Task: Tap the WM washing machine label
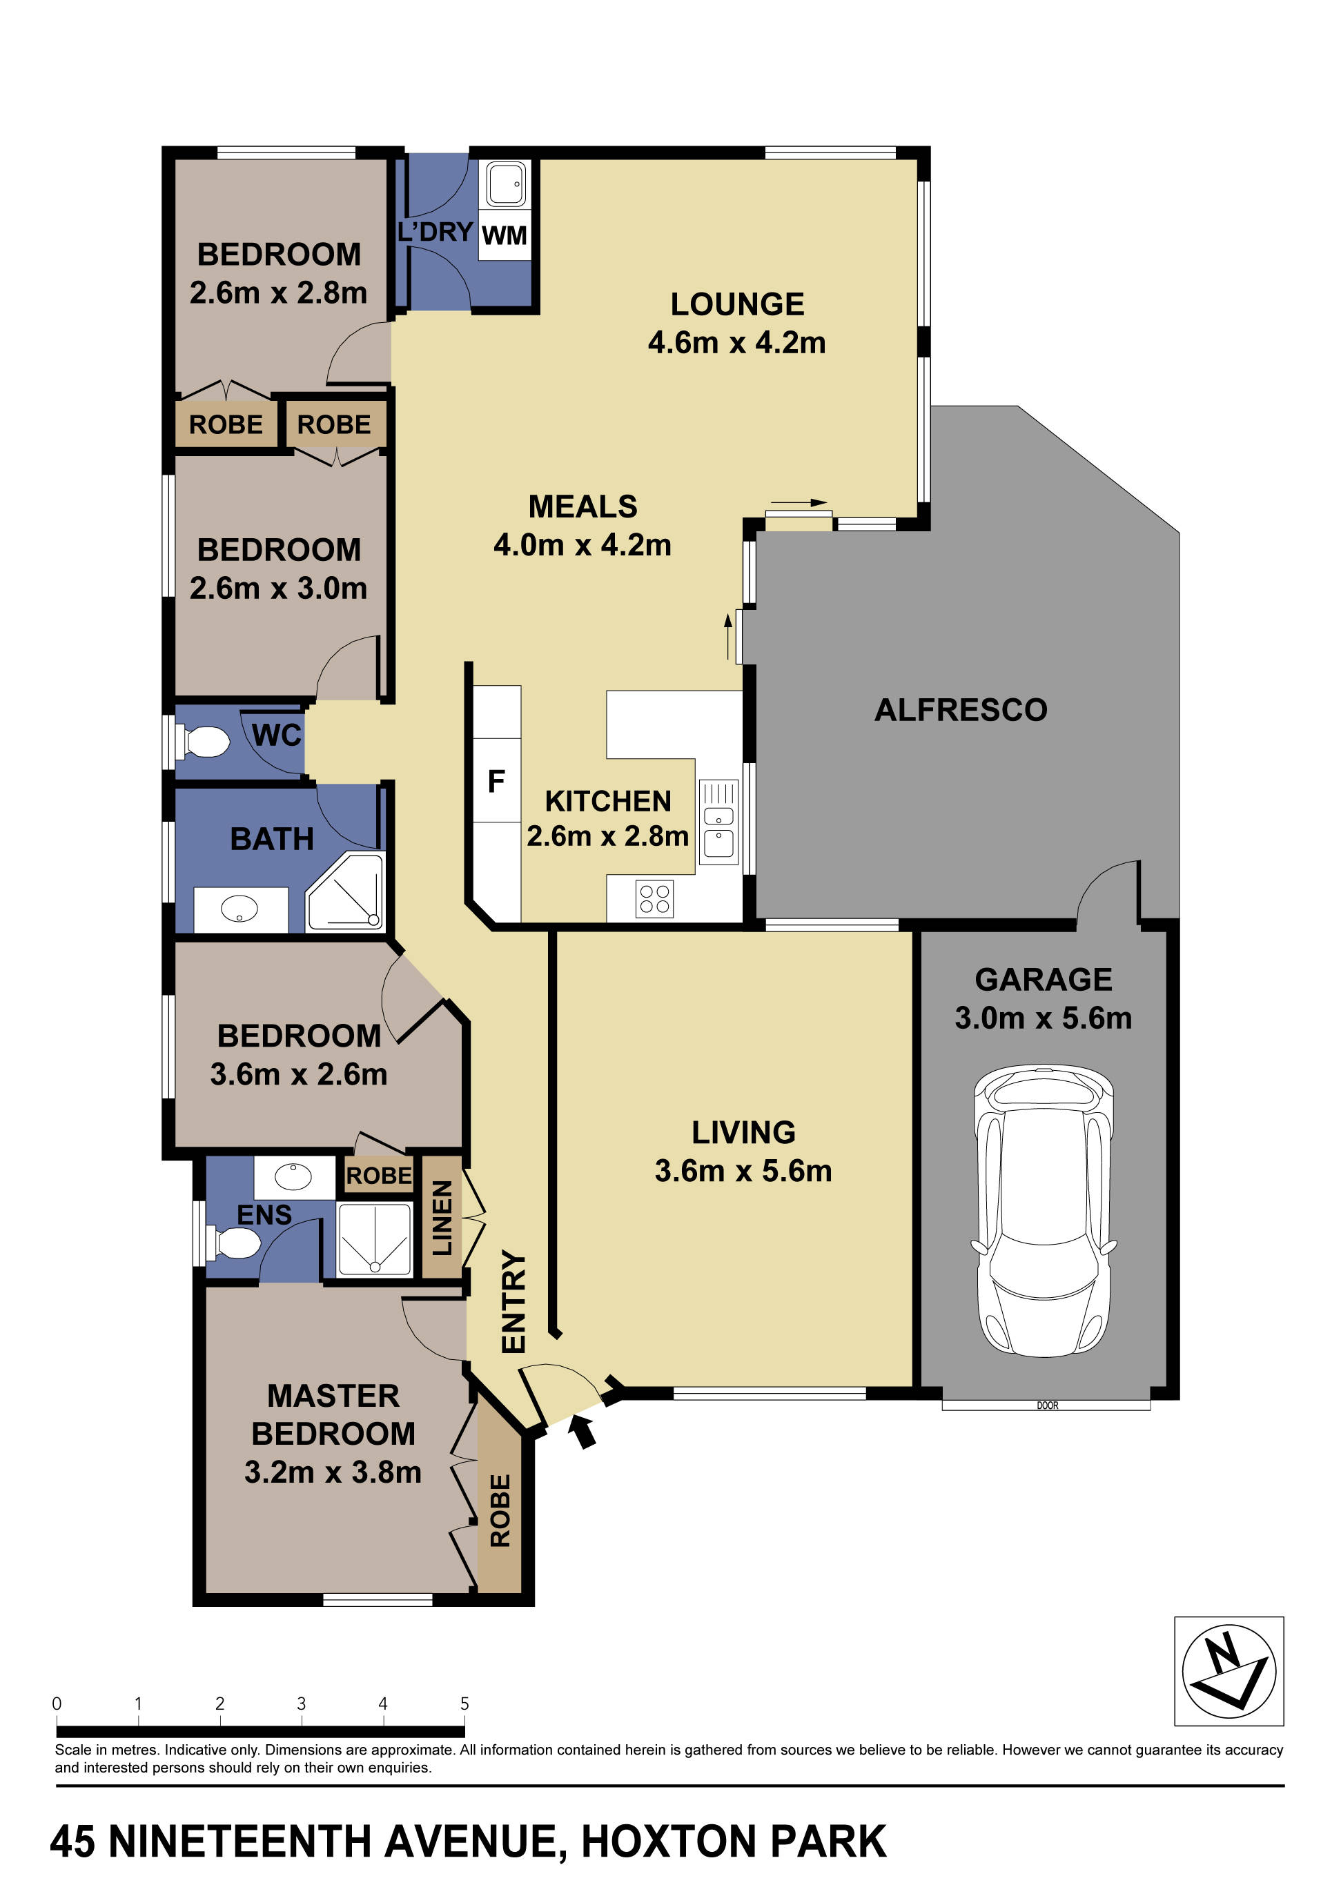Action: pos(504,236)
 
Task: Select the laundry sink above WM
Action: pos(505,184)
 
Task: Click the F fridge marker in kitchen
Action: pos(496,780)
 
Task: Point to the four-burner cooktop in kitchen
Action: pos(654,898)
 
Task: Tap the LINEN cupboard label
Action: pos(442,1217)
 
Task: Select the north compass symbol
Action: pos(1228,1672)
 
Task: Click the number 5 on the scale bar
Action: pos(464,1703)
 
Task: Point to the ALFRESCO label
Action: pos(960,710)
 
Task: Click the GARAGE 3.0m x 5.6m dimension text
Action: pos(1043,1018)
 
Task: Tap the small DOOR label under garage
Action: pos(1047,1405)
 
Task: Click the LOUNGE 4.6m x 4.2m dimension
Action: pos(736,342)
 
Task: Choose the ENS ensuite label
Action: pos(264,1215)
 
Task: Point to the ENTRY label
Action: pos(513,1302)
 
